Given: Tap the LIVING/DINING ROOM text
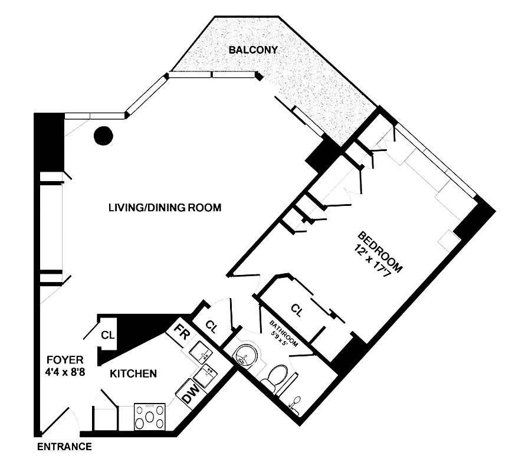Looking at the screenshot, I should [165, 207].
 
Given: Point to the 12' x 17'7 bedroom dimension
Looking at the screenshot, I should [370, 261].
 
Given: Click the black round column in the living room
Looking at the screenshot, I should [103, 136].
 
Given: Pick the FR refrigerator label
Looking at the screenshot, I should [182, 333].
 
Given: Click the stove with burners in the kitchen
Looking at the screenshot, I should [151, 418].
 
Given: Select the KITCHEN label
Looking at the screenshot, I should [133, 373].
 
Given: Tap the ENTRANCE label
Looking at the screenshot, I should [64, 447].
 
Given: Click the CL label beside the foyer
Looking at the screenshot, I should [107, 335].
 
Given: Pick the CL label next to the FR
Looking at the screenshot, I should [211, 326].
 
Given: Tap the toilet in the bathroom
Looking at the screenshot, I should [276, 377].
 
